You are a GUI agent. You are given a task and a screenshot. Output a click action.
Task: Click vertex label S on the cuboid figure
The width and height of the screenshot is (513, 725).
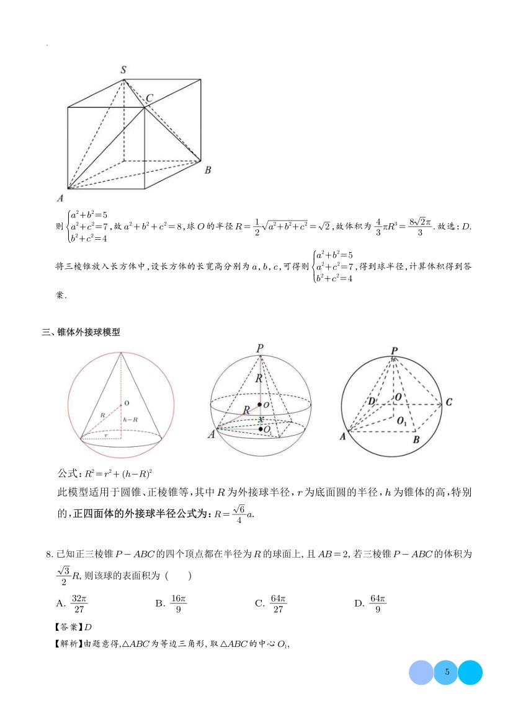(x=123, y=69)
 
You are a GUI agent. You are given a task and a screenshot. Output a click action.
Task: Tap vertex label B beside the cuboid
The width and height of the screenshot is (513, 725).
(x=208, y=170)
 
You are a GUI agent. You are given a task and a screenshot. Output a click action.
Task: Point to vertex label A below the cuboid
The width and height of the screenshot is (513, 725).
(x=60, y=198)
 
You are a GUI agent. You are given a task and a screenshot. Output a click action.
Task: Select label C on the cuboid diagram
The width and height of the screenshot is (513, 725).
(x=149, y=98)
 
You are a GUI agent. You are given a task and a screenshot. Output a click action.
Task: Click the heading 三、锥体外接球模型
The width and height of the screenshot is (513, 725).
(x=80, y=332)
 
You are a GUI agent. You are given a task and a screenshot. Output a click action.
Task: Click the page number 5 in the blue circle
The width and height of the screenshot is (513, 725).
(x=446, y=672)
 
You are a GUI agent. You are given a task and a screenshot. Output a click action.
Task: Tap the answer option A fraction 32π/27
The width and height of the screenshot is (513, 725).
(x=79, y=603)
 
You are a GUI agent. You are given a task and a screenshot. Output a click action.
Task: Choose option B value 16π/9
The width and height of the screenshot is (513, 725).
(x=179, y=603)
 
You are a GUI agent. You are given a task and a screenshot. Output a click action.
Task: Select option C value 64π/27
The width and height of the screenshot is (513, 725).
(x=278, y=603)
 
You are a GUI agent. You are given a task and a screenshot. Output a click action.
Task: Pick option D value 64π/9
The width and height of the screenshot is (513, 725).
(x=377, y=603)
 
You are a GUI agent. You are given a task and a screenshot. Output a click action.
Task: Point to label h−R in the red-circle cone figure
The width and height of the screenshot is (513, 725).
(x=130, y=420)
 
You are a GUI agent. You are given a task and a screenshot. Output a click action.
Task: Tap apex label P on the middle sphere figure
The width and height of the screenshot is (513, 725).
(x=260, y=348)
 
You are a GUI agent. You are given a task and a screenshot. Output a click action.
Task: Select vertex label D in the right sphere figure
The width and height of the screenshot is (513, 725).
(x=371, y=402)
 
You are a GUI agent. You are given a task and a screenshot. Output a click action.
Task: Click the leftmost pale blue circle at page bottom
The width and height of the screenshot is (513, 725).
(x=421, y=672)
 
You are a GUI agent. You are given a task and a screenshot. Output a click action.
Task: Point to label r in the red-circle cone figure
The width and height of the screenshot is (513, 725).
(x=106, y=435)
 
